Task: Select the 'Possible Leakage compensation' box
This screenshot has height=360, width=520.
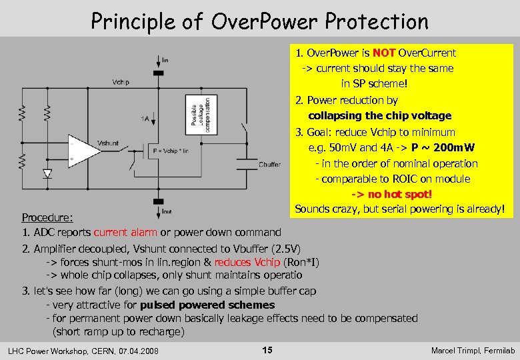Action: point(200,114)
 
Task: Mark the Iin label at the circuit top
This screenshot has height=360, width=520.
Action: point(165,59)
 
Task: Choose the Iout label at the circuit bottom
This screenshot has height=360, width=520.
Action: point(167,211)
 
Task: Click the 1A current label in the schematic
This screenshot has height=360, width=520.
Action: point(145,119)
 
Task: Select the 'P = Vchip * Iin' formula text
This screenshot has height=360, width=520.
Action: point(171,151)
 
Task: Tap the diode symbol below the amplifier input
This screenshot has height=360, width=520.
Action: point(47,174)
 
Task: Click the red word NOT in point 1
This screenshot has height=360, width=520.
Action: point(384,53)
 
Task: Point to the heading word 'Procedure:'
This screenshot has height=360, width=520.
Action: point(47,217)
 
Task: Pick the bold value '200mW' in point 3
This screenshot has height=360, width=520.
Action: point(453,147)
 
